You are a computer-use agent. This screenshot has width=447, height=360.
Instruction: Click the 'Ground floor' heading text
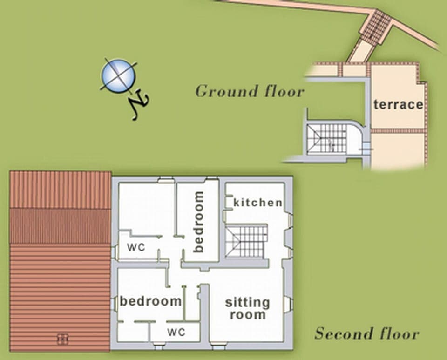point(250,91)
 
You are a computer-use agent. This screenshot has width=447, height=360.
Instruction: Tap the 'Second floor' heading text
point(367,333)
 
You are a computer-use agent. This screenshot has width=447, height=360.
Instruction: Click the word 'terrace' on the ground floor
point(398,104)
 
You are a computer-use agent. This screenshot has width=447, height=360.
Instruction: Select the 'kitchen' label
point(257,203)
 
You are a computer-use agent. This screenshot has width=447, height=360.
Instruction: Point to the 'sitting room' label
point(247,308)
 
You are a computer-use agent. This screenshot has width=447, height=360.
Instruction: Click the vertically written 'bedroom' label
point(199,222)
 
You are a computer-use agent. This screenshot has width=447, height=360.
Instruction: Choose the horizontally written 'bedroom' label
point(150,301)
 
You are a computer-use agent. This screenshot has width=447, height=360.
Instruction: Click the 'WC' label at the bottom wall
point(176,333)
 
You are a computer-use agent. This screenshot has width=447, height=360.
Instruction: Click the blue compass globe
point(118,75)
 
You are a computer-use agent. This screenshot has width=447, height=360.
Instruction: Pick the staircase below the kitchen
point(246,241)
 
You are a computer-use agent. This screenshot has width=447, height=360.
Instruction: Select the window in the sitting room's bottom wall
point(218,346)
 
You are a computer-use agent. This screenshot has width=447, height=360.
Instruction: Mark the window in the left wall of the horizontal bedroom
point(114,304)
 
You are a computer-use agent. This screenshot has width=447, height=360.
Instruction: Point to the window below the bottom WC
point(159,346)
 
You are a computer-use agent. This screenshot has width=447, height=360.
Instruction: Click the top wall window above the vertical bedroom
point(212,178)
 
